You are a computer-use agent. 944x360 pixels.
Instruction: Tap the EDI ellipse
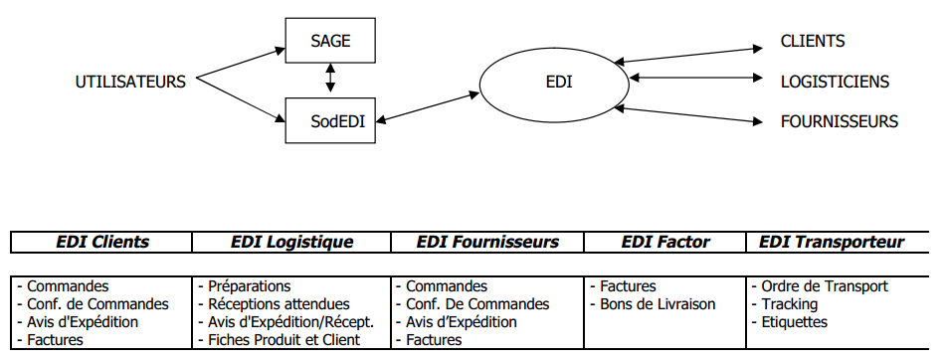pyautogui.click(x=558, y=82)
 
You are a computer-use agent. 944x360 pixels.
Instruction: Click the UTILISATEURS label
pyautogui.click(x=130, y=82)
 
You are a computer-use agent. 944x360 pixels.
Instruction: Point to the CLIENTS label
pyautogui.click(x=812, y=42)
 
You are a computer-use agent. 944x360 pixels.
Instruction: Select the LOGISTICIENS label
pyautogui.click(x=834, y=82)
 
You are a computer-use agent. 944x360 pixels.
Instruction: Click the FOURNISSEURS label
pyautogui.click(x=839, y=121)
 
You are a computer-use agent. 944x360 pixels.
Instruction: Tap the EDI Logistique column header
pyautogui.click(x=291, y=242)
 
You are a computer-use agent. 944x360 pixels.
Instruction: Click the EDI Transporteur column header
pyautogui.click(x=832, y=242)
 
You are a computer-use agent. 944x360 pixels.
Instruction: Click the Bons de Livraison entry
pyautogui.click(x=658, y=304)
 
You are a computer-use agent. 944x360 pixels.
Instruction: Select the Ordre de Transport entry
pyautogui.click(x=822, y=286)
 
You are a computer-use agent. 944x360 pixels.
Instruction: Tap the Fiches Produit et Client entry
pyautogui.click(x=283, y=340)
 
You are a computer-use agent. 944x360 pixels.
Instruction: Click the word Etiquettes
pyautogui.click(x=793, y=322)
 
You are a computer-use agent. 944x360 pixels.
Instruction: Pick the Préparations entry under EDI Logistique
pyautogui.click(x=249, y=286)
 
